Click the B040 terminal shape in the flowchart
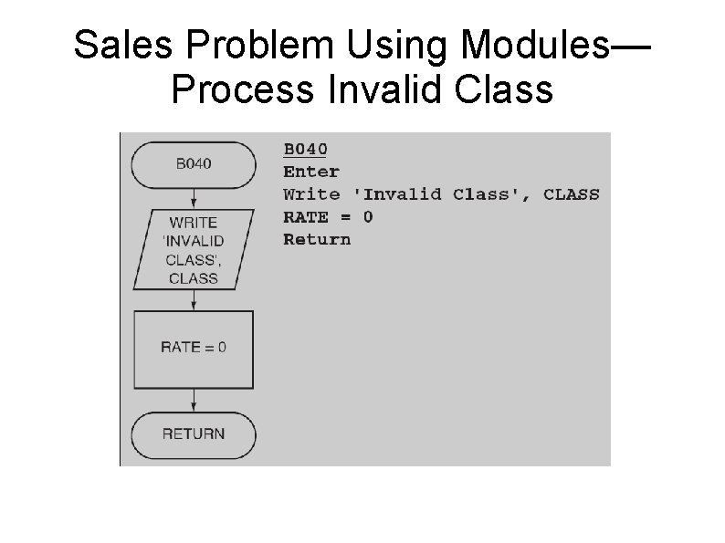(x=194, y=164)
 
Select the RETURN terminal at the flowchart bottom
(x=194, y=433)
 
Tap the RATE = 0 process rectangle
(x=194, y=348)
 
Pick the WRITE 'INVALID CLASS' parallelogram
(x=194, y=250)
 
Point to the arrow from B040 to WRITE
(x=194, y=198)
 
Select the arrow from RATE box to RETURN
(x=194, y=399)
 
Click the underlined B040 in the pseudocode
(x=305, y=149)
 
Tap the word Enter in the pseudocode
(x=310, y=172)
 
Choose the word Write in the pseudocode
(x=310, y=194)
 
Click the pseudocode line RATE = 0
(x=328, y=217)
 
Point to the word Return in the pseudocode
(x=316, y=240)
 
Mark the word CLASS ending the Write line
(x=572, y=194)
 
